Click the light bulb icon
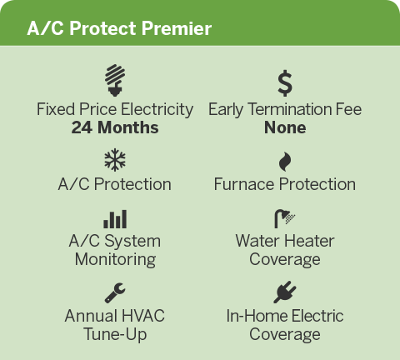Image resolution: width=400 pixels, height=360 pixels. pos(115,81)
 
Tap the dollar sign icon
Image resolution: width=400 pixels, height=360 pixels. pos(285,83)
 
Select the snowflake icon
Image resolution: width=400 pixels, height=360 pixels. pos(115,159)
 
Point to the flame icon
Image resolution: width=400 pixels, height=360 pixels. pos(285,162)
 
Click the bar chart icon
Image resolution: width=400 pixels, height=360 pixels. pos(115,219)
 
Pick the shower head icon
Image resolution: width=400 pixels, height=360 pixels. pos(284,218)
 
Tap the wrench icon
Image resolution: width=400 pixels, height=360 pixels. pos(115,292)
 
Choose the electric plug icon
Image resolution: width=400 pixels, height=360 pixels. pos(285,292)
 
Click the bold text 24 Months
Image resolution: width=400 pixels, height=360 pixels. pos(115,127)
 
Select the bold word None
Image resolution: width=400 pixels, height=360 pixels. pos(285,127)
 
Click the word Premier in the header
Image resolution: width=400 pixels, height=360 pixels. pos(177,28)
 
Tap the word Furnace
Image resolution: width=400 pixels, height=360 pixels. pos(244,184)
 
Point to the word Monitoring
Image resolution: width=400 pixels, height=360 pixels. pos(115,260)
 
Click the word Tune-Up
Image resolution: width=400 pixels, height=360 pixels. pos(115,334)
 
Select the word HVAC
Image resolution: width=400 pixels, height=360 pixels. pos(143,316)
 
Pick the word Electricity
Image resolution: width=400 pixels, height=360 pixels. pos(157,109)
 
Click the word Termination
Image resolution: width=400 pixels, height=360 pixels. pos(289,109)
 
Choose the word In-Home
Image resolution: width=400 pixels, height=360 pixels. pos(257,316)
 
